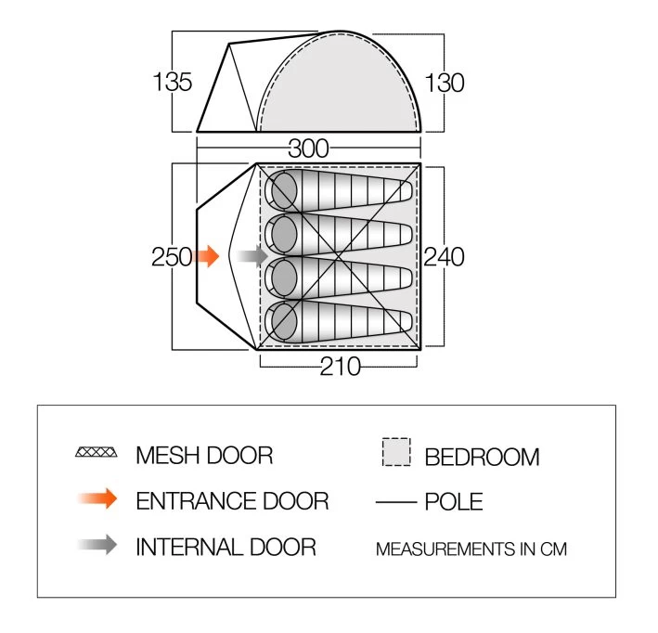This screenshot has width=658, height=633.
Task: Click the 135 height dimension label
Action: point(172,82)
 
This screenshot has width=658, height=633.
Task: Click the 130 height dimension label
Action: point(445,82)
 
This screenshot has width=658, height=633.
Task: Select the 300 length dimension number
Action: point(308,148)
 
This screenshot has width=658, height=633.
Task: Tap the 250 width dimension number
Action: point(171,256)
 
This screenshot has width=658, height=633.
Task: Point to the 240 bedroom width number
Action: point(445,256)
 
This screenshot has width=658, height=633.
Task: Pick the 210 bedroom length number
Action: point(341,367)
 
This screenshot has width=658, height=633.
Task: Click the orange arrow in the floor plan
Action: point(208,256)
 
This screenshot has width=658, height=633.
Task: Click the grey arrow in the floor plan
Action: point(251,256)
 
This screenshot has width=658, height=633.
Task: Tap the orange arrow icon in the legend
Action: point(99,499)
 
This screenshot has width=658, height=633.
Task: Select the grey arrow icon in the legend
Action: point(99,545)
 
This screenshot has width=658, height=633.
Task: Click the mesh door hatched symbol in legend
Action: point(97,454)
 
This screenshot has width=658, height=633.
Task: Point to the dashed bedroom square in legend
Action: point(395,453)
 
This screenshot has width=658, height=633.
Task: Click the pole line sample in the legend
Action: point(395,502)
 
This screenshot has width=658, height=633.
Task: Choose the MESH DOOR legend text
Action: point(204,455)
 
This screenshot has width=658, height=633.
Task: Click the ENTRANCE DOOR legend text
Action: point(232,501)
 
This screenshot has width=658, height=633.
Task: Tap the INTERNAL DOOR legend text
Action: point(226,546)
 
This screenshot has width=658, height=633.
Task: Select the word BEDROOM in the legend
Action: point(482,457)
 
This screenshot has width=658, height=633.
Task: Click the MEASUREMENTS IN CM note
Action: point(471,549)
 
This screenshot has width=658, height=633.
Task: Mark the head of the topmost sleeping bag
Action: point(282,190)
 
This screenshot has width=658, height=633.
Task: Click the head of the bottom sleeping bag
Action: point(282,322)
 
